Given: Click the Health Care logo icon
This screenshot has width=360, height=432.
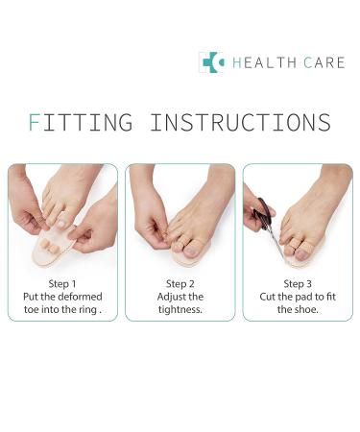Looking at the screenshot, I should pos(210,62).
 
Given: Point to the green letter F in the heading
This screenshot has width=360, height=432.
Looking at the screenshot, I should pos(36,123).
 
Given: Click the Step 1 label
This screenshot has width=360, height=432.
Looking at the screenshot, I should pos(62,283).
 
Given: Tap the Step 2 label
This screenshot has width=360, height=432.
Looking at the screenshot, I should pos(180,283).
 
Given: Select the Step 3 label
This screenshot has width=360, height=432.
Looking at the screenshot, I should pos(297,283).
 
